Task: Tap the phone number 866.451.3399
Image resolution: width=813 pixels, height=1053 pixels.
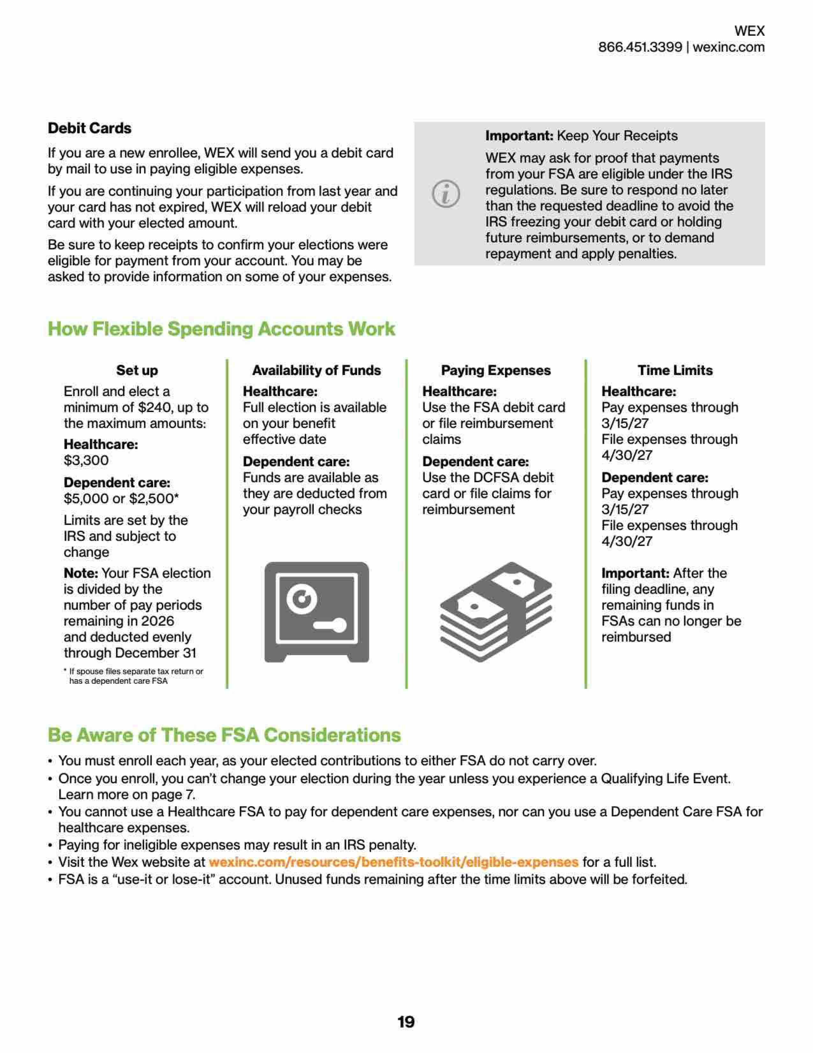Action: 640,47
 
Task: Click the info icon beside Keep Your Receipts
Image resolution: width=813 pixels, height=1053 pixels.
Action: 446,194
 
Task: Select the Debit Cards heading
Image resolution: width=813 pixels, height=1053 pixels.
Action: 90,128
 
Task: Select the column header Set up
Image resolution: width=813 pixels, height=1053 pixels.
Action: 137,370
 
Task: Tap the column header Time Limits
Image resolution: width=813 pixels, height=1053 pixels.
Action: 675,370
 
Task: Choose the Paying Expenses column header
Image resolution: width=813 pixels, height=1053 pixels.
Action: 495,370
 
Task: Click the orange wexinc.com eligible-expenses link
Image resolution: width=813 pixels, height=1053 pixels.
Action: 393,862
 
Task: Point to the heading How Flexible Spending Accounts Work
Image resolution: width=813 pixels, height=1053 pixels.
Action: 221,329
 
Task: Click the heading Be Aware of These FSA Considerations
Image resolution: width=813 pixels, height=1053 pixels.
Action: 224,735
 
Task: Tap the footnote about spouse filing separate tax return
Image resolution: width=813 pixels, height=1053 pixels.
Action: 134,676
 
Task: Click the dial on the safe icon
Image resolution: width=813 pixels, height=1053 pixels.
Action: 302,599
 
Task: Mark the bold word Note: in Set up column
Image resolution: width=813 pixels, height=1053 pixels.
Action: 80,573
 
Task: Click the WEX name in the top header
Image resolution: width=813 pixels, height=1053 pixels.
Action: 749,31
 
